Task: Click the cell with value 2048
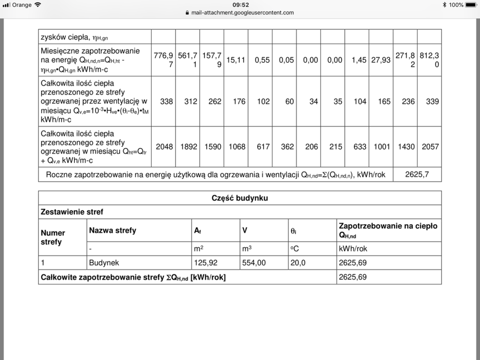[164, 147]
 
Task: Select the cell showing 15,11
[237, 60]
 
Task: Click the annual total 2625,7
[417, 175]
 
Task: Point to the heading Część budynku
[240, 198]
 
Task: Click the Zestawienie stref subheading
[72, 212]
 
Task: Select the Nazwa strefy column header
[112, 230]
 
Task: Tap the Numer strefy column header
[53, 237]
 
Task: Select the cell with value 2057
[429, 147]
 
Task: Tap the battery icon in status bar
[471, 5]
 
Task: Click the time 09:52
[240, 5]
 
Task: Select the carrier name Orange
[22, 5]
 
